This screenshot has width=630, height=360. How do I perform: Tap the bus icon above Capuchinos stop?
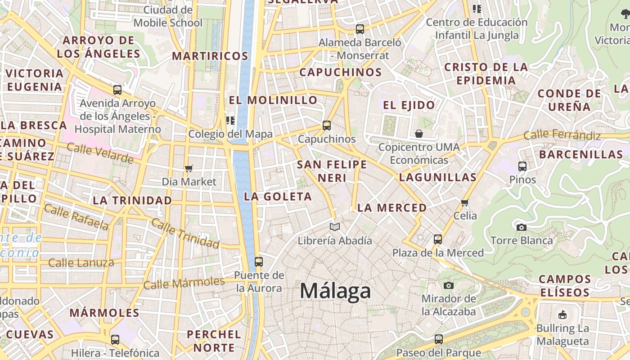[x=327, y=126]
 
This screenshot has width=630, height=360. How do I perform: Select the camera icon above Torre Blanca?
[x=522, y=227]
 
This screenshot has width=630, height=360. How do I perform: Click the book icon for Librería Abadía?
[x=334, y=227]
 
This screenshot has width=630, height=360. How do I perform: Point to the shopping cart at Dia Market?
[x=189, y=168]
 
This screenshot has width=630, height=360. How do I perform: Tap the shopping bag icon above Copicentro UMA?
[x=419, y=134]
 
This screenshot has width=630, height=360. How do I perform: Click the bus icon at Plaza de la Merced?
[x=438, y=239]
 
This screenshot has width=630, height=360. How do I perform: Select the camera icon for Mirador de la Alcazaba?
[x=448, y=285]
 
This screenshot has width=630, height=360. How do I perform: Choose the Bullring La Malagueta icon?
[x=562, y=315]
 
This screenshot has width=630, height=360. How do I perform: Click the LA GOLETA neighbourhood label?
[x=278, y=197]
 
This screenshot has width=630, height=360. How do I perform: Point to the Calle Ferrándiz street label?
[x=562, y=135]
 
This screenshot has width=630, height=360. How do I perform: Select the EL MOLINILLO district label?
[x=273, y=100]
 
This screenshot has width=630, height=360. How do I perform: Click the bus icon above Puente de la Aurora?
[x=258, y=261]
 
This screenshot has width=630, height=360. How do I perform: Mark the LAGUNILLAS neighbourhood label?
[x=437, y=177]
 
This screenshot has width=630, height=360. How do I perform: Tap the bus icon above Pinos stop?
[x=522, y=166]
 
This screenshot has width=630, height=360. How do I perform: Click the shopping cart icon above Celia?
[x=465, y=202]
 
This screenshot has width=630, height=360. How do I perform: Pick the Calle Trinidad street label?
[x=185, y=233]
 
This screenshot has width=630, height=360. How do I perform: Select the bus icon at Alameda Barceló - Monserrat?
[x=360, y=29]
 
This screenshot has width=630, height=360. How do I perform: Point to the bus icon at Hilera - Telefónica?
[x=115, y=340]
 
